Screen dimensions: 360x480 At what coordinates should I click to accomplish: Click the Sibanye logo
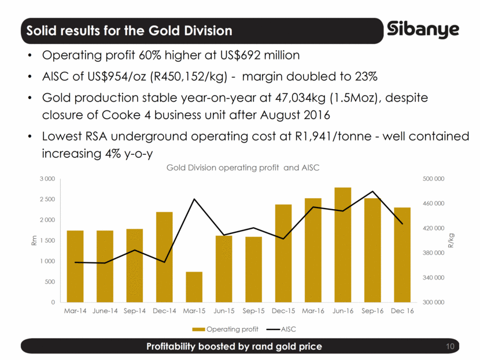point(423,28)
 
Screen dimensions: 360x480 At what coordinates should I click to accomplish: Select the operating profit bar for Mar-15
point(194,287)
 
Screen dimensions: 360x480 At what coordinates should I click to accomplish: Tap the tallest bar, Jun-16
point(343,245)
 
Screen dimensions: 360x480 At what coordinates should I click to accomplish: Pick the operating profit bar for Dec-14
point(164,257)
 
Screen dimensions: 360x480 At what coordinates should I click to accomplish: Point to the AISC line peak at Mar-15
point(194,199)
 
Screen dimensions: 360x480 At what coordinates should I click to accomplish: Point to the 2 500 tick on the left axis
point(47,199)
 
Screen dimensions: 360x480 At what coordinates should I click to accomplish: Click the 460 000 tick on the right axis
point(432,203)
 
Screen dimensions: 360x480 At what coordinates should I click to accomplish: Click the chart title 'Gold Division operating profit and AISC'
point(243,168)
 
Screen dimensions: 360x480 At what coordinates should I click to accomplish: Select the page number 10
point(451,346)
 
